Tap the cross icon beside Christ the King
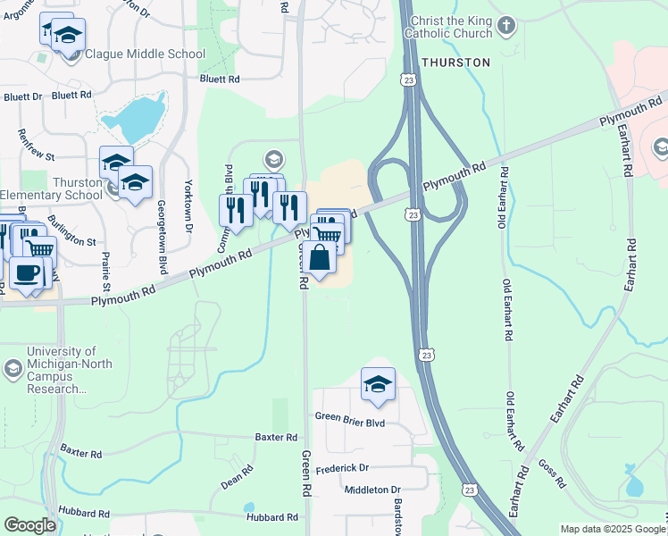click(506, 24)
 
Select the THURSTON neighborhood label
click(455, 63)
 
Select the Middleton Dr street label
click(372, 490)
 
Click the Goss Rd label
click(553, 474)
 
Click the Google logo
click(29, 525)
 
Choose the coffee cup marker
click(26, 272)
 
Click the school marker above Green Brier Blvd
click(378, 384)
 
